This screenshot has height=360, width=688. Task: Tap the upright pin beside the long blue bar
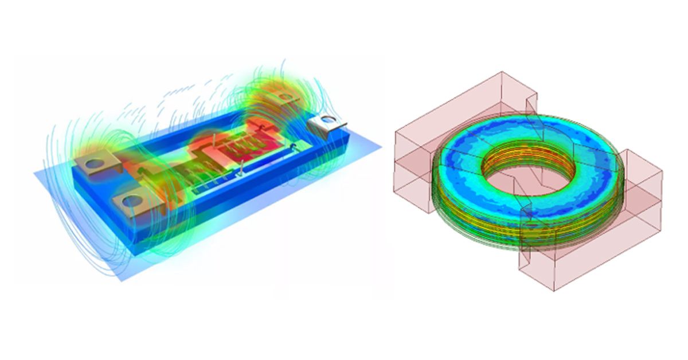point(243,167)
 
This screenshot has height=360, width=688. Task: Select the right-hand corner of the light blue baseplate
point(381,147)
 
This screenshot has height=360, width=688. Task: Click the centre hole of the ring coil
point(519,172)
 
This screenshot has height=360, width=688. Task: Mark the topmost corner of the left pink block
point(502,72)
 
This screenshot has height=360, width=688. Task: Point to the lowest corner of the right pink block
point(554,291)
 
